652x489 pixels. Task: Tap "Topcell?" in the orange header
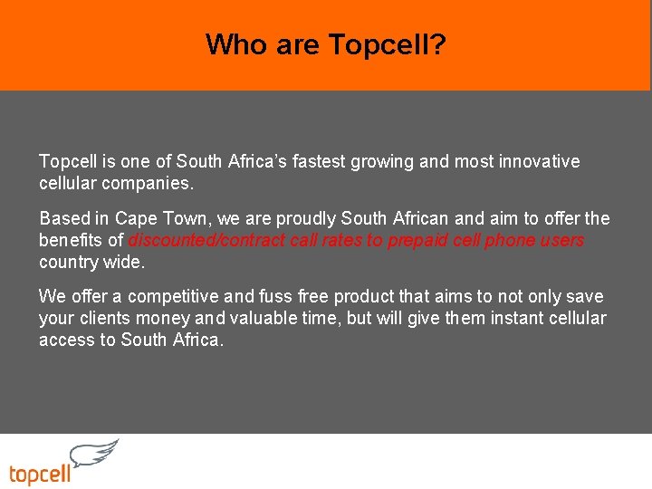(388, 44)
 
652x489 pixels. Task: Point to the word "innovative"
(536, 161)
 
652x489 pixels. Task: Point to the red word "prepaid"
(417, 240)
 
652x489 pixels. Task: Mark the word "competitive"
(175, 296)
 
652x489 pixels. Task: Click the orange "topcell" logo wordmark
(40, 473)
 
